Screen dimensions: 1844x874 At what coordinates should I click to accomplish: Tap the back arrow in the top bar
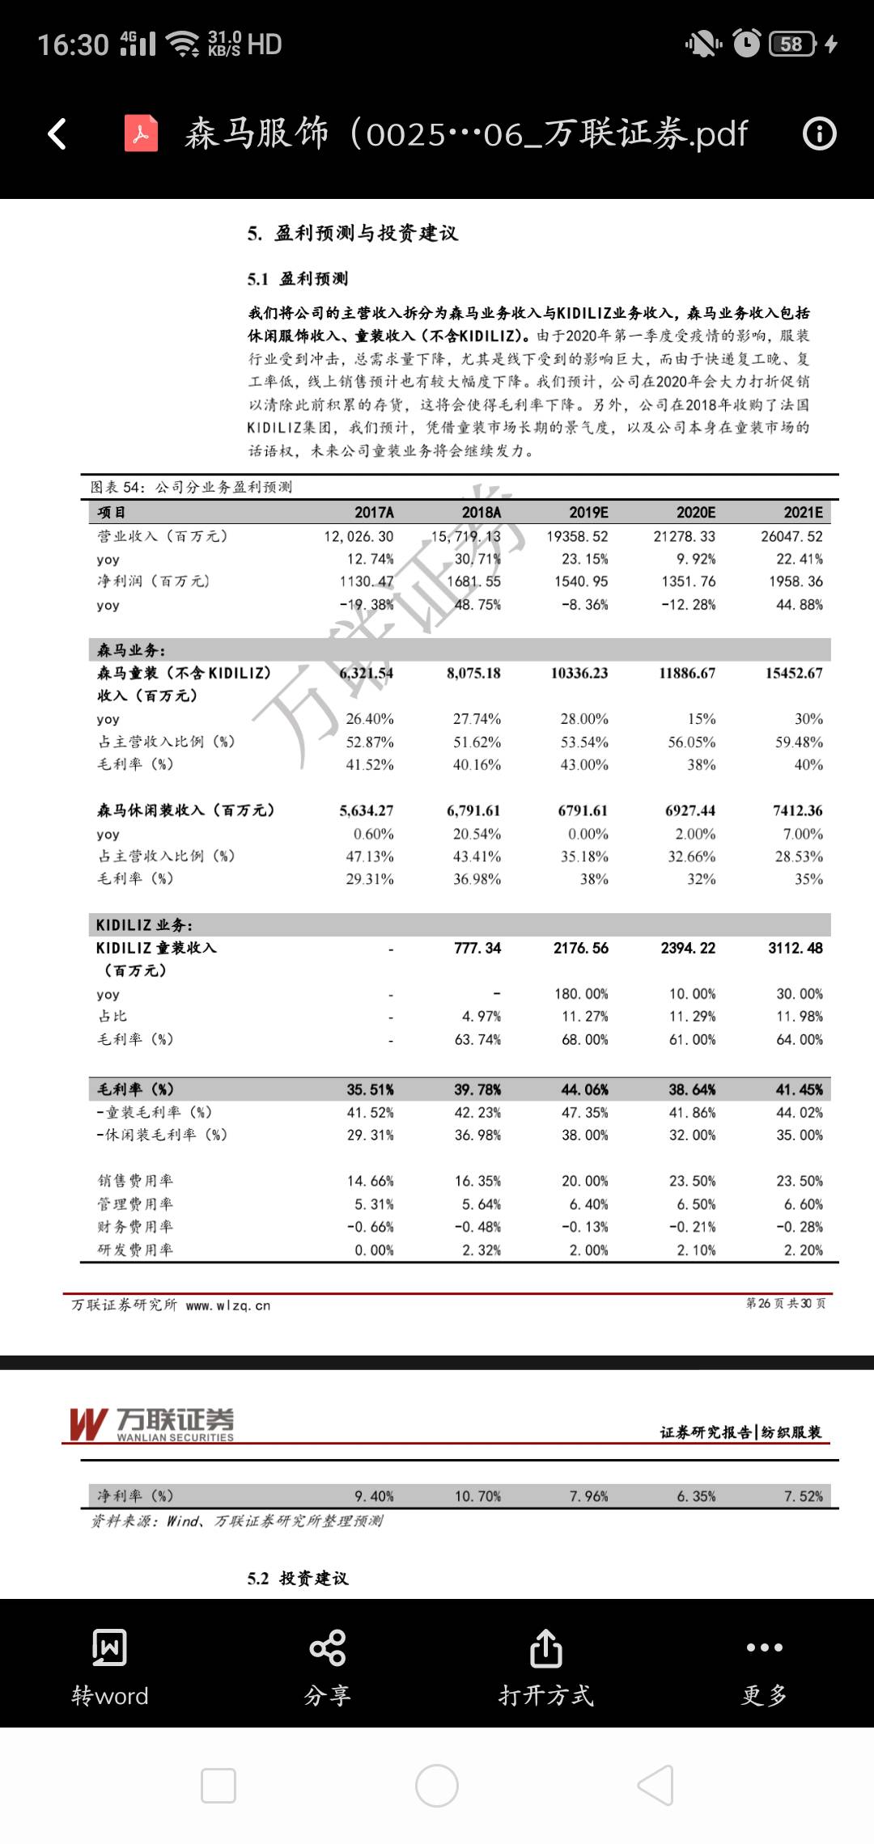point(57,134)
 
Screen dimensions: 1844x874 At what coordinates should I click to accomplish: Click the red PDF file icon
point(141,134)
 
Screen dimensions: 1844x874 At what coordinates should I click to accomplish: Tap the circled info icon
point(819,134)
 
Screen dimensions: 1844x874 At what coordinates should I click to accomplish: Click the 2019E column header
point(588,513)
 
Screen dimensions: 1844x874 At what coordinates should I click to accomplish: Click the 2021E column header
point(803,513)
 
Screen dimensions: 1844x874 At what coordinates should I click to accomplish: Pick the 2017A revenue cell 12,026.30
point(359,536)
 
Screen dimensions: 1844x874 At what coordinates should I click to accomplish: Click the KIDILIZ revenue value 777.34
point(477,948)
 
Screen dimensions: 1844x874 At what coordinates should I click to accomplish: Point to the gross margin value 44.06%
point(584,1089)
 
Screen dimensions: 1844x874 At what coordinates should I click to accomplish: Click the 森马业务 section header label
point(131,650)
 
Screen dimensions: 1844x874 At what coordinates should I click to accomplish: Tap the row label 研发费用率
point(135,1250)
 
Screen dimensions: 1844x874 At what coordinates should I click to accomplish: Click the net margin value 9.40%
point(374,1496)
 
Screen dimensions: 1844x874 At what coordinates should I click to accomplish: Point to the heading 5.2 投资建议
point(298,1578)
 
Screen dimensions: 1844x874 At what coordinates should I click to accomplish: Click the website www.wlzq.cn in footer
point(228,1305)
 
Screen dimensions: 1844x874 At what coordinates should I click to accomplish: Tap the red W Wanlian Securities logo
point(89,1424)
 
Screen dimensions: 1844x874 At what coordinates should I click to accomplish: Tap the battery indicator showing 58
point(791,44)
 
